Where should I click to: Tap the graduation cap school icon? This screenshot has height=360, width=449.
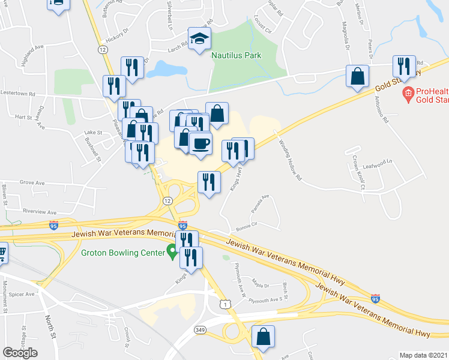[x=198, y=39]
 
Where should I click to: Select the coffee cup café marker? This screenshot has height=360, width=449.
[x=200, y=144]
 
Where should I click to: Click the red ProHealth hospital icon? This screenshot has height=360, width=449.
[x=408, y=93]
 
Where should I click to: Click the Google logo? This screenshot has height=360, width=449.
[x=20, y=353]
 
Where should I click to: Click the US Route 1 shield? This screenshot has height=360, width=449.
[x=224, y=305]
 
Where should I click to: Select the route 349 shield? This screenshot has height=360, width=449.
[x=200, y=330]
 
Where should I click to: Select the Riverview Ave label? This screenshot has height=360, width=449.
[x=39, y=212]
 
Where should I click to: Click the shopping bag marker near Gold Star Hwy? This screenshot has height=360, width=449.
[x=358, y=77]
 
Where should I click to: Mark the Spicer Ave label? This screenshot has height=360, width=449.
[x=22, y=295]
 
